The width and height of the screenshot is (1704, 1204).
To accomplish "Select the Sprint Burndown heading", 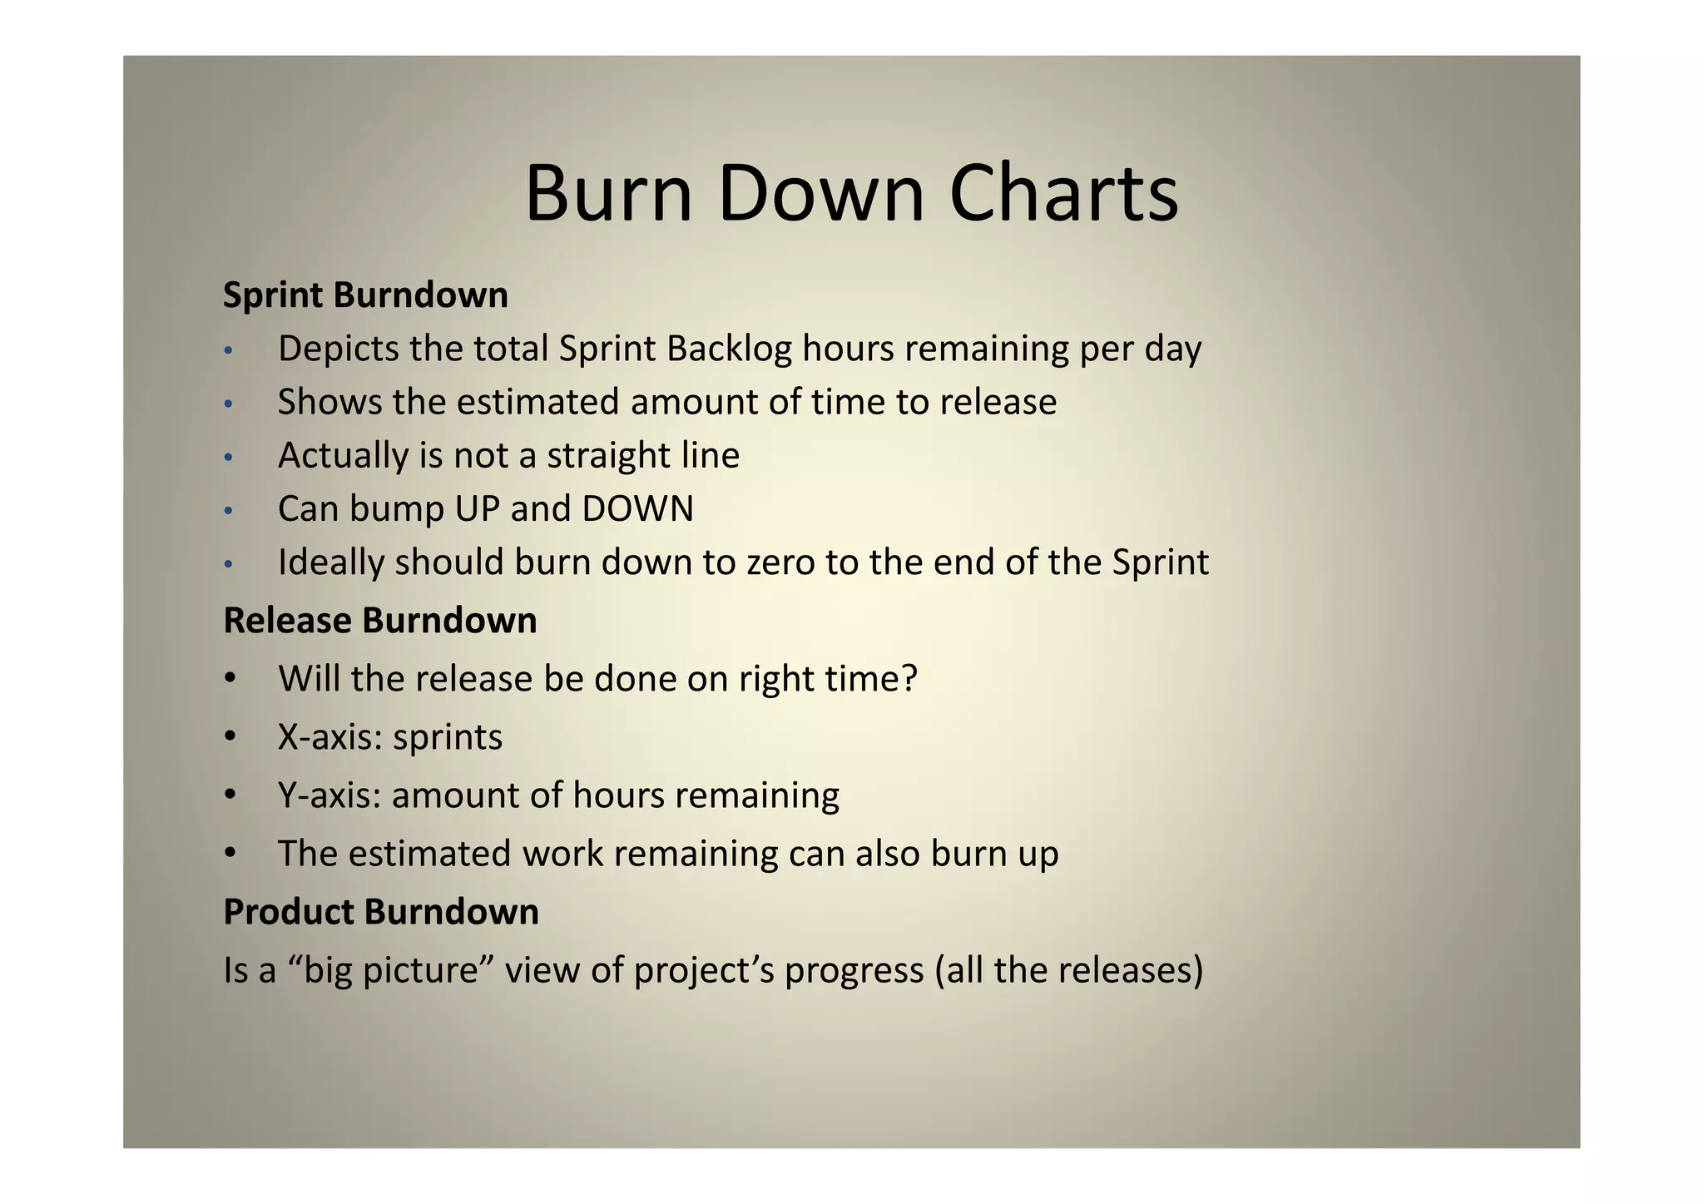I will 365,295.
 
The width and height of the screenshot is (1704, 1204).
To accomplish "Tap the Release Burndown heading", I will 379,621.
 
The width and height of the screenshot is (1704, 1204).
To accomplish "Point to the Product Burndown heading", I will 381,912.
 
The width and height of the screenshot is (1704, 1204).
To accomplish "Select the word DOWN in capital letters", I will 637,509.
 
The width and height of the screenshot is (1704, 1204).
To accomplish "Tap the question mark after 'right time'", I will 909,679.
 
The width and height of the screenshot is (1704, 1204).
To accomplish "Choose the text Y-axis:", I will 329,795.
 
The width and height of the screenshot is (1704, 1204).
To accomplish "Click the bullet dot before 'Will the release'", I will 230,677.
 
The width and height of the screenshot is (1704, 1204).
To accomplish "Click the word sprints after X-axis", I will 448,738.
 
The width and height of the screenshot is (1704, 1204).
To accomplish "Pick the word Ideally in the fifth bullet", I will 331,563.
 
